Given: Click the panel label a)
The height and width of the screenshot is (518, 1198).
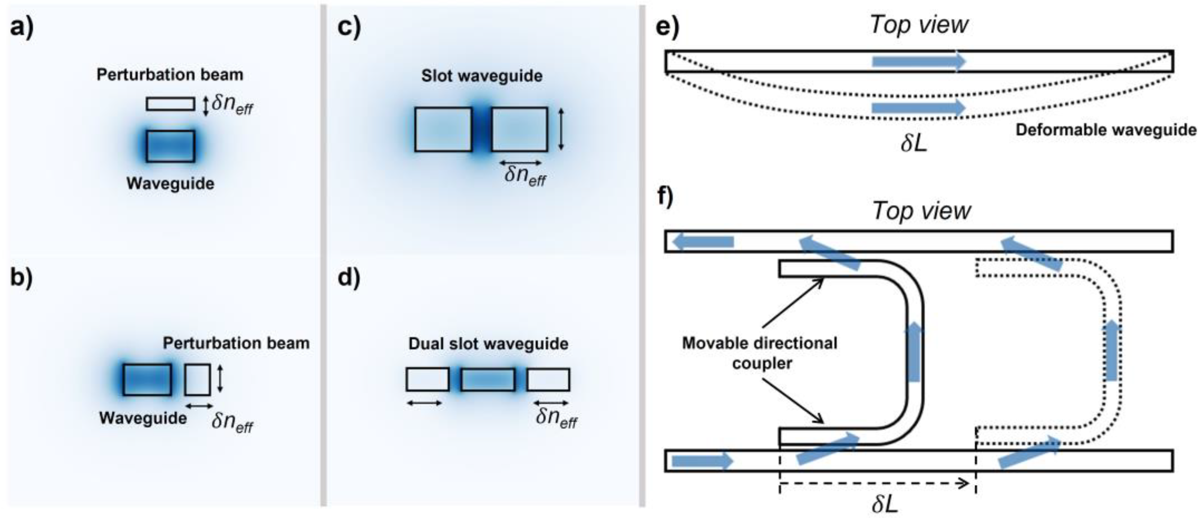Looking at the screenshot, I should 22,27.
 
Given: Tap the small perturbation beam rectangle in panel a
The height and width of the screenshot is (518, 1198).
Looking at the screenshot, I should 170,104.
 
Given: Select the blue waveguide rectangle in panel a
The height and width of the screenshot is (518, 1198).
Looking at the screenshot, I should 170,146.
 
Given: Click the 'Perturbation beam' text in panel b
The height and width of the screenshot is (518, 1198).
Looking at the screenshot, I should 236,343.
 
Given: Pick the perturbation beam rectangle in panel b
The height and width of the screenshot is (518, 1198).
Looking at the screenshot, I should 197,379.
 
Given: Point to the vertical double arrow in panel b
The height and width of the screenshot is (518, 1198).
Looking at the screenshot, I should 221,378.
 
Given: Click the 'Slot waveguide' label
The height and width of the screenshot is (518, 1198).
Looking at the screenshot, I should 482,76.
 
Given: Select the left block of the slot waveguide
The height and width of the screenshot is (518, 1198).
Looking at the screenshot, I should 443,129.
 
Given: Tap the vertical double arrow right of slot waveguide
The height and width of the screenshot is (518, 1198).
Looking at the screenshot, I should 561,129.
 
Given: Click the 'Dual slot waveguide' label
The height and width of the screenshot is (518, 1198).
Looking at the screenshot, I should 488,343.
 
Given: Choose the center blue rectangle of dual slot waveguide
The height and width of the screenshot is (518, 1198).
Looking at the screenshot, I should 488,379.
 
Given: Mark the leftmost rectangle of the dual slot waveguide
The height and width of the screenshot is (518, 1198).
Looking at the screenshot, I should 427,379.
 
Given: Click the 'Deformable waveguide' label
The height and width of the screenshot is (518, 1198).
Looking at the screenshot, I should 1106,130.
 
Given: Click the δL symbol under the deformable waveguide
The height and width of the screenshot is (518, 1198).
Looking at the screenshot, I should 913,144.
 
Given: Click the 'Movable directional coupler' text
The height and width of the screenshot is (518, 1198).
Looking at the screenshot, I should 760,352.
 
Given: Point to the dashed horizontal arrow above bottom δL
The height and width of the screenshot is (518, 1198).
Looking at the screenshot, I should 874,483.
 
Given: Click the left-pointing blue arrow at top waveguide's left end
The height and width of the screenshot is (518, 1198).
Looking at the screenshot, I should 703,241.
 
